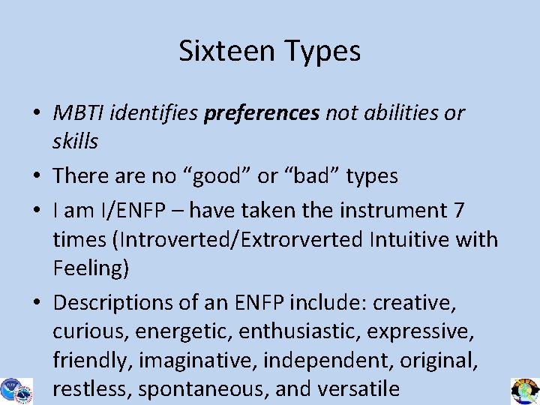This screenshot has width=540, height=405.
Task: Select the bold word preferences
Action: [262, 114]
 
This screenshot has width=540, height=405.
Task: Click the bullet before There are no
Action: [36, 177]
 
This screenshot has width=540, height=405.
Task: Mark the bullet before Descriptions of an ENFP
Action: [36, 303]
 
